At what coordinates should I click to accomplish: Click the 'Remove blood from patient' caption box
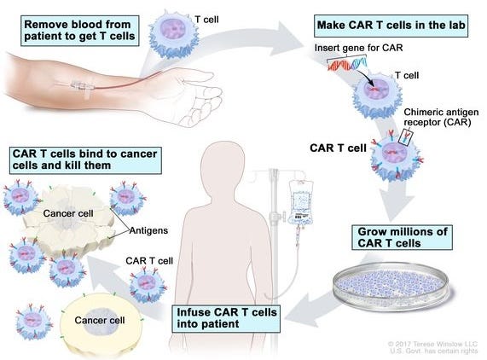click(80, 31)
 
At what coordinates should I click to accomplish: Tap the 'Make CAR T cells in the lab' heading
click(391, 26)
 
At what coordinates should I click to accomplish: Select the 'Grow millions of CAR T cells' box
click(402, 238)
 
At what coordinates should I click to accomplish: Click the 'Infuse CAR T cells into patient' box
click(226, 318)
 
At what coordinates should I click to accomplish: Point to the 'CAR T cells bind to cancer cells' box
click(85, 160)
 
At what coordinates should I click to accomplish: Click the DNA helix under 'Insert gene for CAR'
click(347, 63)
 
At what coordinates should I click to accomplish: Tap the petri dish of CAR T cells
click(391, 286)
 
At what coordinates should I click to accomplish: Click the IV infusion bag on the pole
click(300, 202)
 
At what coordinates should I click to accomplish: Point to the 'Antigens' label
click(148, 230)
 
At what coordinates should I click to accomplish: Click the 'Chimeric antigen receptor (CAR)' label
click(441, 117)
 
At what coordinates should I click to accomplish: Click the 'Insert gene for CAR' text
click(358, 48)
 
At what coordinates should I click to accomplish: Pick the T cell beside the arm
click(174, 35)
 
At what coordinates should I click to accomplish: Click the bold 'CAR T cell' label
click(338, 148)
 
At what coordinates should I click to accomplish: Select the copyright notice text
click(433, 347)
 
